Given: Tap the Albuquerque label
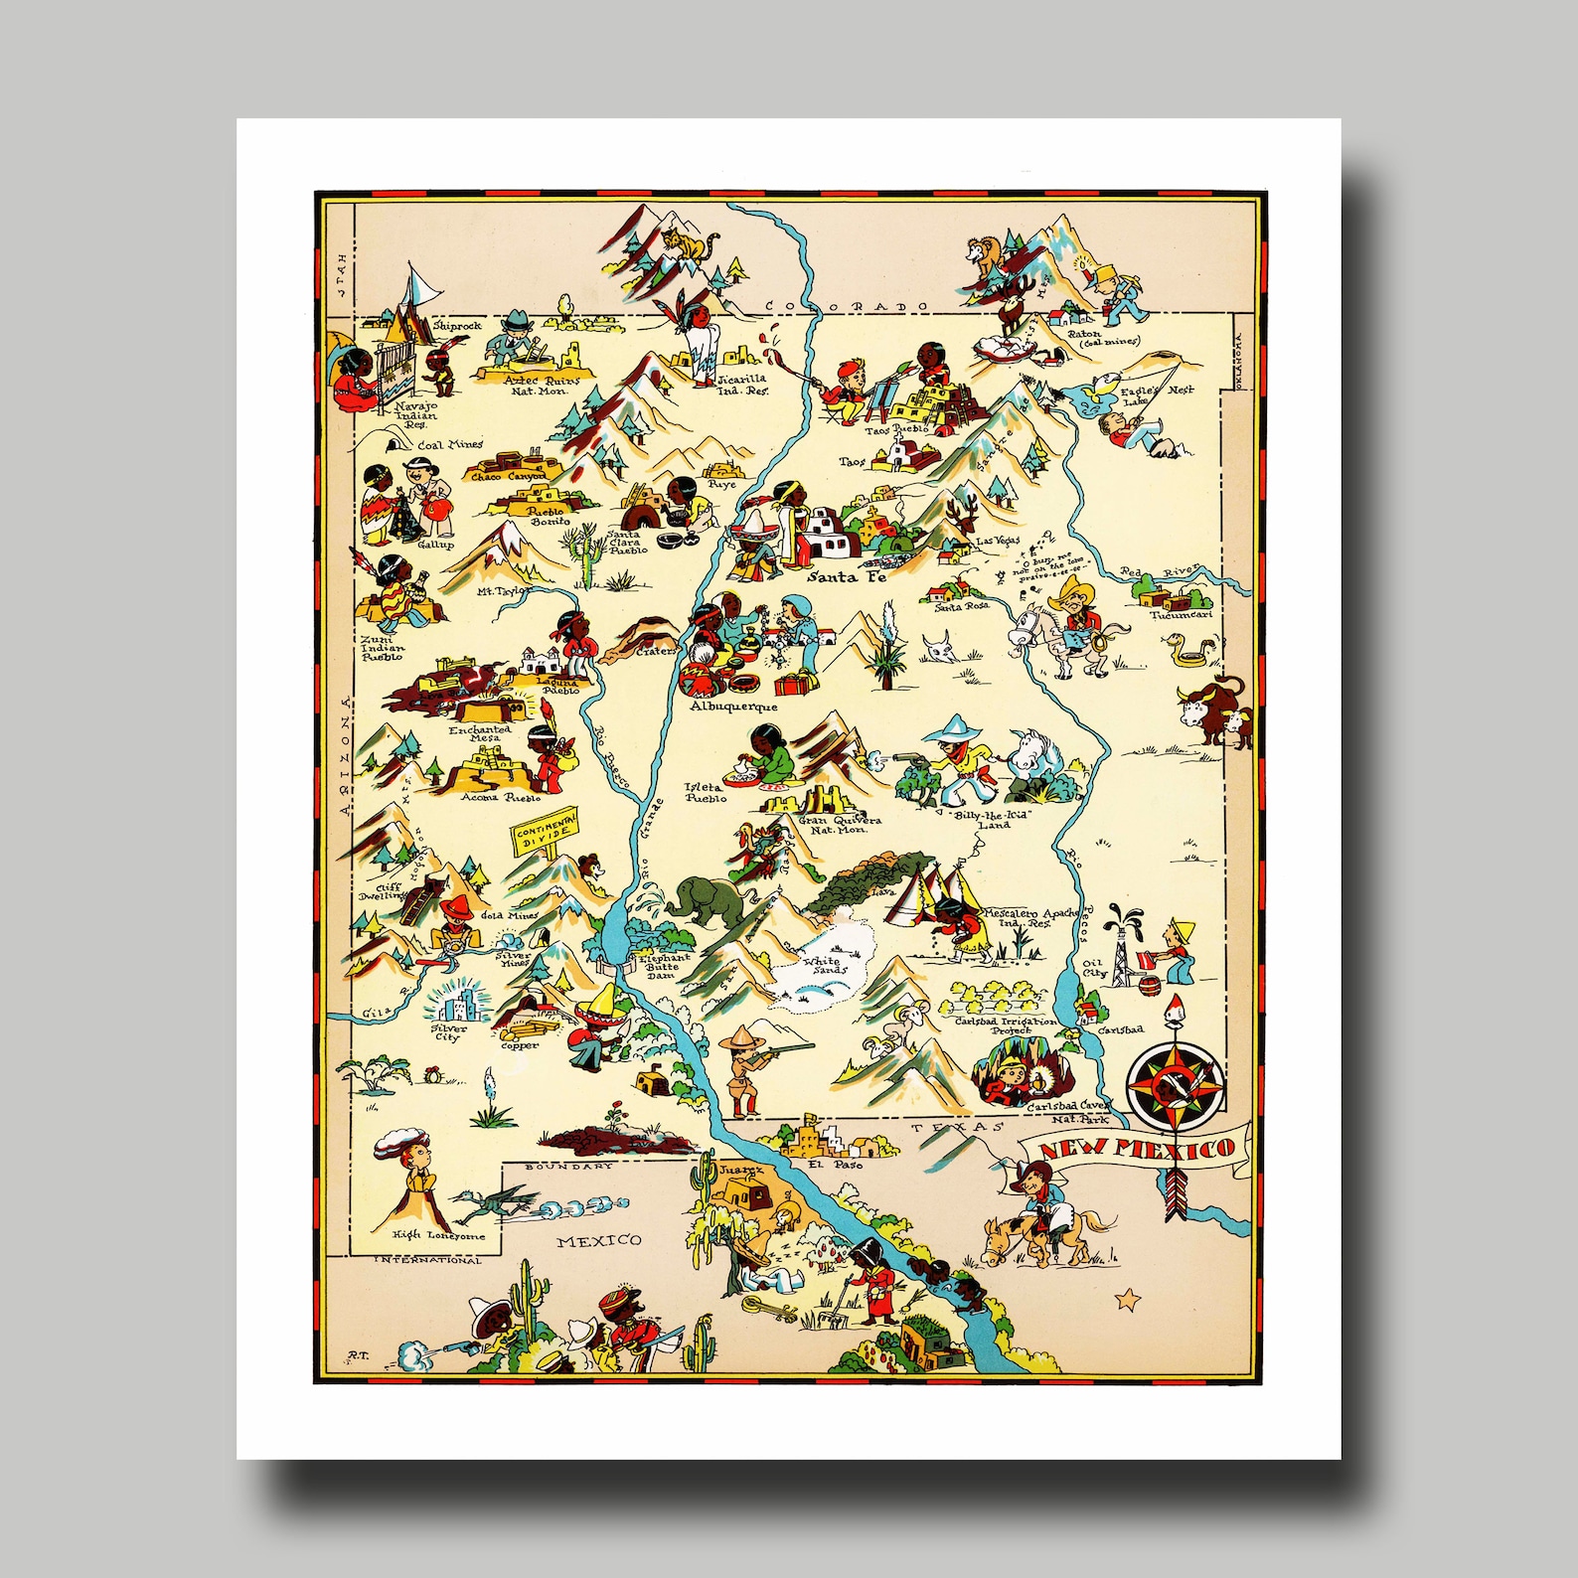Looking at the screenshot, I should point(734,707).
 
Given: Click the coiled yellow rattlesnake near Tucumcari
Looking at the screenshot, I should point(1188,651).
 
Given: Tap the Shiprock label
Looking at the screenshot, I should point(457,325).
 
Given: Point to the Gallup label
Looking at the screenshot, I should point(435,545).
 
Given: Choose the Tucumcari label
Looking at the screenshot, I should point(1181,615).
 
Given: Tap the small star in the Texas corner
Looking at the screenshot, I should point(1127,1298).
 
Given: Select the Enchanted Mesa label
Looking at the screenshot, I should point(479,733).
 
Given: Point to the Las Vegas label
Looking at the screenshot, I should point(998,542).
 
